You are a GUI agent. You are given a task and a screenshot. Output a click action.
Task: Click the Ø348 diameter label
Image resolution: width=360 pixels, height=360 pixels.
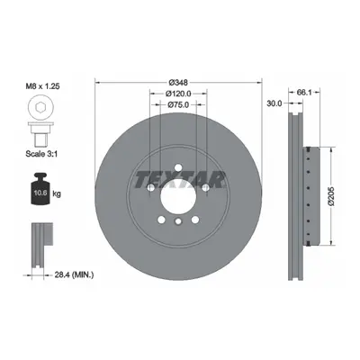[178, 82]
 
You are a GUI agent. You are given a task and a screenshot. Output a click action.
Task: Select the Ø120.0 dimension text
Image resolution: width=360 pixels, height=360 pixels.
[178, 94]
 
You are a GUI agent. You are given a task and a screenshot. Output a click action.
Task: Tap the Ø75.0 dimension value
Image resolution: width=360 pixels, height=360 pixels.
[178, 104]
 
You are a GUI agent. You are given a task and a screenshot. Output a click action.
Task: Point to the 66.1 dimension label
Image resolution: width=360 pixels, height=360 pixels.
[304, 93]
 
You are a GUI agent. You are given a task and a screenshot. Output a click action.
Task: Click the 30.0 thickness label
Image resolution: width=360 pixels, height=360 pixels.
[274, 103]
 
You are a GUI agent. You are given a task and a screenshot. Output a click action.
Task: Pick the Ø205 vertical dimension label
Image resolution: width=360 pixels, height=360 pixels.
[331, 196]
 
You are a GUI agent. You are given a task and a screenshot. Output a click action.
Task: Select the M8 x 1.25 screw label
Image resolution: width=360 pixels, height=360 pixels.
[42, 86]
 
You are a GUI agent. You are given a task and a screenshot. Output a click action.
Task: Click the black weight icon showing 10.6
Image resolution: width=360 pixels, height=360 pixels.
[40, 189]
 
